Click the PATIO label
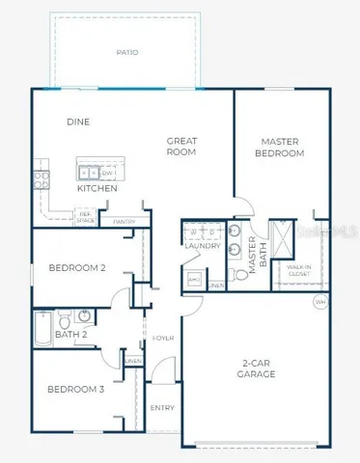[x=126, y=52]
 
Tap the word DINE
[x=78, y=123]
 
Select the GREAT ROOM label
[x=181, y=147]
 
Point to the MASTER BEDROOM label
[x=281, y=148]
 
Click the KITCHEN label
[x=97, y=189]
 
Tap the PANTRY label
[x=124, y=222]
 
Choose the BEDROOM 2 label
[x=77, y=267]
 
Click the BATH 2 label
[x=72, y=335]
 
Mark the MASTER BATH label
[x=254, y=258]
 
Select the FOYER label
[x=163, y=339]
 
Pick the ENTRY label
[x=163, y=408]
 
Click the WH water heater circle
[x=319, y=302]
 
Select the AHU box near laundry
[x=194, y=280]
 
